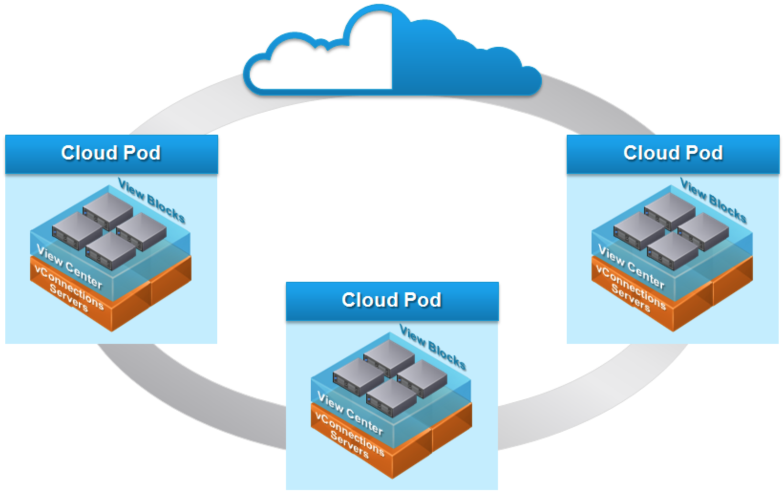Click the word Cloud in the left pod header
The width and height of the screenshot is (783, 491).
[89, 153]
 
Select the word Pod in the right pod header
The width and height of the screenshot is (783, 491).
[704, 153]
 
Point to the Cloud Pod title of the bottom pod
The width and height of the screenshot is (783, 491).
[391, 300]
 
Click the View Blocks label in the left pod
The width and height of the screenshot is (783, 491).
[152, 201]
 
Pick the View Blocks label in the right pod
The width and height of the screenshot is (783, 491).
[713, 201]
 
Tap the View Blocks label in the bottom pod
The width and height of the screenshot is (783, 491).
[433, 348]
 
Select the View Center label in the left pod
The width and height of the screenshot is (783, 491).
[69, 267]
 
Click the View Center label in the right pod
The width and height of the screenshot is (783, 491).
[631, 267]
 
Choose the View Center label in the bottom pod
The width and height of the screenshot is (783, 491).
[350, 414]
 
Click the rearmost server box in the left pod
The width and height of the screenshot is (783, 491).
[108, 209]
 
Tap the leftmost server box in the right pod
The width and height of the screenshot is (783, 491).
[639, 230]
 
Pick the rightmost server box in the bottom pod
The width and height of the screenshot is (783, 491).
[422, 377]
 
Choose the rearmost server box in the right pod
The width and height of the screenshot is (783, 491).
[670, 209]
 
